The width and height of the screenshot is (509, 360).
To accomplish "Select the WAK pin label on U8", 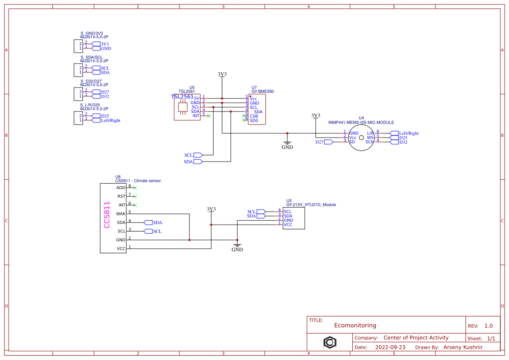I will click(x=121, y=214).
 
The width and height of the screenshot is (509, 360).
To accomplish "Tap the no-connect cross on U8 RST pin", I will click(x=135, y=196).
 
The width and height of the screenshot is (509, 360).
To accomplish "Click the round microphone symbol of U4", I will click(x=361, y=138).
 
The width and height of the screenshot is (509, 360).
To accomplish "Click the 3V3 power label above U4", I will click(x=316, y=116).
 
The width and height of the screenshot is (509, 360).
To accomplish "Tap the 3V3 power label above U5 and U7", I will click(x=222, y=74).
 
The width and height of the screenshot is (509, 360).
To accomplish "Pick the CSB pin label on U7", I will click(x=254, y=116).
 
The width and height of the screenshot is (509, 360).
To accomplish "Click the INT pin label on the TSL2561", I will click(x=196, y=116).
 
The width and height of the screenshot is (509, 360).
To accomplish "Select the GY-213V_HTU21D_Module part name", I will click(x=311, y=205).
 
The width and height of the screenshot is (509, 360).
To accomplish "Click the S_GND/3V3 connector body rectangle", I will click(x=78, y=46).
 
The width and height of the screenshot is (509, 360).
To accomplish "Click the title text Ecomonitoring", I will click(x=355, y=325).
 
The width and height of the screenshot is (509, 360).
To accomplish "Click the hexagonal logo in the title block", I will click(x=330, y=342).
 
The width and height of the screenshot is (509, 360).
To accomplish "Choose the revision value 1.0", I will click(x=489, y=326).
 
